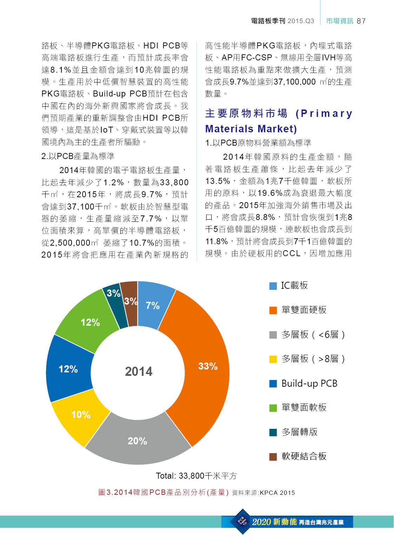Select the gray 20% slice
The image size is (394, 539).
(138, 441)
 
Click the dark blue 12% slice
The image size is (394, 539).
(68, 369)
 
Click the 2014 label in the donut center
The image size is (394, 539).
(139, 371)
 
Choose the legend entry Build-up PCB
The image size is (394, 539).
(309, 383)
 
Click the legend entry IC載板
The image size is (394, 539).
(294, 286)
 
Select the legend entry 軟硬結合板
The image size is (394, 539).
(304, 456)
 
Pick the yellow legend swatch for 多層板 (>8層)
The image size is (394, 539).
(273, 359)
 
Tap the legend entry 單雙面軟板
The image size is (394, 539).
(304, 407)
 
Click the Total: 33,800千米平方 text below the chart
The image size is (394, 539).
(196, 476)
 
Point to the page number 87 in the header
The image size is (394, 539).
(361, 21)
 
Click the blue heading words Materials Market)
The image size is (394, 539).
(251, 129)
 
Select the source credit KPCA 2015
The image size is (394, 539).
(277, 493)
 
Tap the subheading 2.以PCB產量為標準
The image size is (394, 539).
(78, 156)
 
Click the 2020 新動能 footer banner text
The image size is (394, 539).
(274, 522)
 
